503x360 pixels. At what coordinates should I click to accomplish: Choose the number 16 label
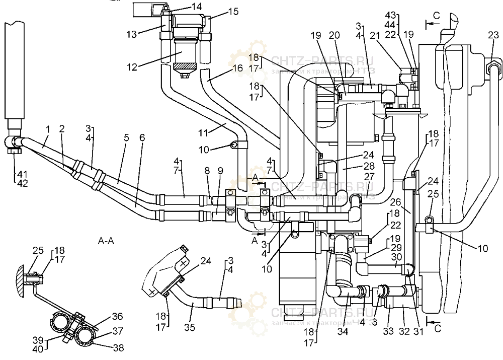237,68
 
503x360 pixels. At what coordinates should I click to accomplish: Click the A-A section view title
106,241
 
